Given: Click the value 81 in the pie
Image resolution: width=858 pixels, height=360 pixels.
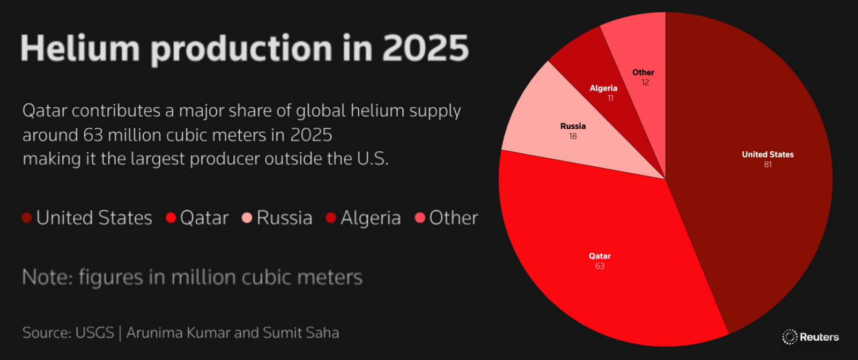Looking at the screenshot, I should point(767,165).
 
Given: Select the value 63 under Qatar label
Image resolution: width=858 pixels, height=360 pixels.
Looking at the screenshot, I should point(600,266).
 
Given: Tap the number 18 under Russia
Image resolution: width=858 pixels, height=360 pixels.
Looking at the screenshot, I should point(573,136).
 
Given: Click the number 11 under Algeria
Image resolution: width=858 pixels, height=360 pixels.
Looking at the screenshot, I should point(610,98).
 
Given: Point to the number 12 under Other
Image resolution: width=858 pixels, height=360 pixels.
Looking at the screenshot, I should point(645,83).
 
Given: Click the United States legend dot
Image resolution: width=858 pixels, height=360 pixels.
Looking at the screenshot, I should point(27,218).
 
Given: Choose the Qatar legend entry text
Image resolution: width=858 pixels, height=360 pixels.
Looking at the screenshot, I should point(204,218).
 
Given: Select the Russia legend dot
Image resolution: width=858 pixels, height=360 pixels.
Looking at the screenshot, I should point(247,218).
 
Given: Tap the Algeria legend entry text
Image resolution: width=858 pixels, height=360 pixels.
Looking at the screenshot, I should point(371,218).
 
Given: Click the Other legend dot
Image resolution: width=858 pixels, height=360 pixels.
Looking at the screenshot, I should point(420,218).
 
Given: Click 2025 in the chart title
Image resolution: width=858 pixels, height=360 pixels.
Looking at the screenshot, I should point(425,48).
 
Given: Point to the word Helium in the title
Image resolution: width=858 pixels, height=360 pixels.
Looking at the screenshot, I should point(80,48).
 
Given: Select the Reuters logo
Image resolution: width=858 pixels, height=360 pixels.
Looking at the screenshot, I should point(810,337).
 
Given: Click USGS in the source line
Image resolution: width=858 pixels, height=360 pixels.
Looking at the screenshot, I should point(94,333).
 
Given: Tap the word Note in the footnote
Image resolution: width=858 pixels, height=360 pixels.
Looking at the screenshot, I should point(46,277).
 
